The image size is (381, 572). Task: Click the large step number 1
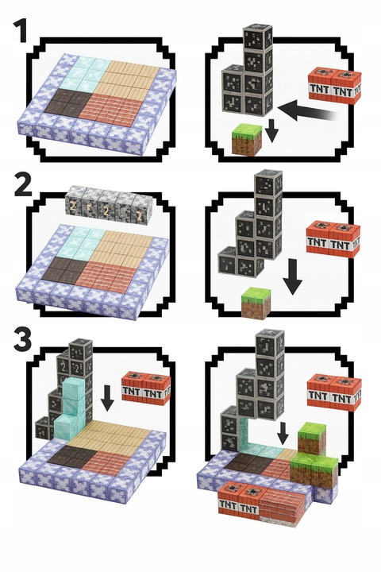click(21, 30)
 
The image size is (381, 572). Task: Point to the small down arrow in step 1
click(270, 129)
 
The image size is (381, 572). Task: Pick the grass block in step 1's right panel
click(247, 139)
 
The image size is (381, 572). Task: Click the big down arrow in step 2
click(293, 276)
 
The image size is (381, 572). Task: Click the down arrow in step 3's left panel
click(108, 397)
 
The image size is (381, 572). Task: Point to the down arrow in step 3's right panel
click(283, 433)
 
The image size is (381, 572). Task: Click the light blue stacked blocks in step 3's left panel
click(71, 408)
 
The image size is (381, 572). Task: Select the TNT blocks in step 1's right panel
click(335, 85)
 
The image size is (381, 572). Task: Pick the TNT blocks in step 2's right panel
click(333, 238)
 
